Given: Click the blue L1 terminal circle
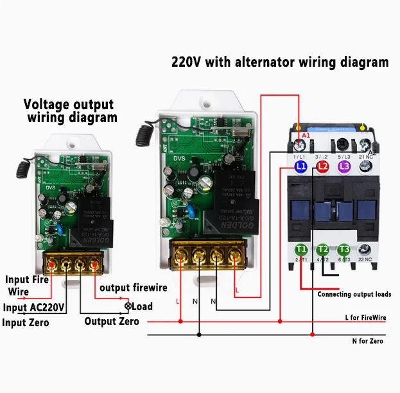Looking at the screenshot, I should pyautogui.click(x=300, y=167).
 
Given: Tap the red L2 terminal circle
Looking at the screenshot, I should pyautogui.click(x=323, y=167).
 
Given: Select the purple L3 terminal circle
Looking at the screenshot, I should pyautogui.click(x=345, y=167).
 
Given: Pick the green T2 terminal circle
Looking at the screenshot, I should pyautogui.click(x=323, y=249).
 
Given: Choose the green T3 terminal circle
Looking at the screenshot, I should pyautogui.click(x=344, y=249).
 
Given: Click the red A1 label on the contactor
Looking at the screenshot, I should pyautogui.click(x=306, y=136).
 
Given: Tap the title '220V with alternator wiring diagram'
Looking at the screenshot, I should pyautogui.click(x=280, y=63).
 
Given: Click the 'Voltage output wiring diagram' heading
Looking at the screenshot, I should pyautogui.click(x=69, y=111).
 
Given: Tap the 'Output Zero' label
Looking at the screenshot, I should pyautogui.click(x=112, y=321).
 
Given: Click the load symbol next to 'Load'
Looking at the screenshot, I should pyautogui.click(x=128, y=306).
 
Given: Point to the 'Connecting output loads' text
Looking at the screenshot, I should pyautogui.click(x=354, y=294).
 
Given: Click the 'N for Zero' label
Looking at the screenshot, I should pyautogui.click(x=367, y=341).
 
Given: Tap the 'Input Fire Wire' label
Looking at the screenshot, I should pyautogui.click(x=27, y=286).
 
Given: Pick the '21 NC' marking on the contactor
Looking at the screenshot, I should pyautogui.click(x=366, y=157).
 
